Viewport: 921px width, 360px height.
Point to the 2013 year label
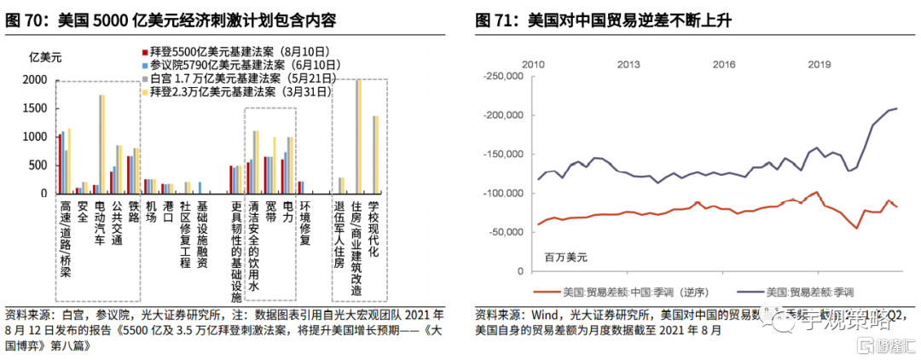tap(628, 65)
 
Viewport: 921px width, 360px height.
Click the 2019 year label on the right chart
tap(820, 65)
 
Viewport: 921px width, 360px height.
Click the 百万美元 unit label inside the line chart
tap(566, 256)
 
